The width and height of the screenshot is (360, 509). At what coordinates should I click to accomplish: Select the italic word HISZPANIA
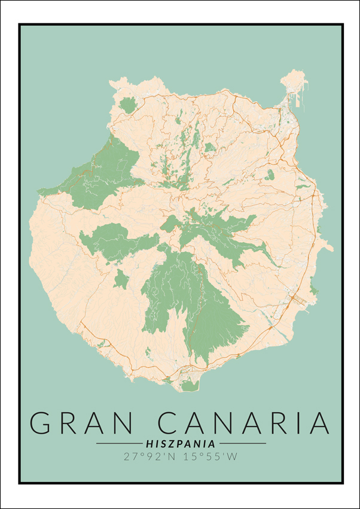[x=181, y=444]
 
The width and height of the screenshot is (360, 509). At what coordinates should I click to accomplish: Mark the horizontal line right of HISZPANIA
[x=242, y=444]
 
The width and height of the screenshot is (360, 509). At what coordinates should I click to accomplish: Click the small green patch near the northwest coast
[x=127, y=105]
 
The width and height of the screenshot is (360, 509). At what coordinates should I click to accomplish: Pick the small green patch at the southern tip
[x=190, y=386]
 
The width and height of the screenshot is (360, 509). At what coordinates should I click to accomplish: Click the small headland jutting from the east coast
[x=327, y=246]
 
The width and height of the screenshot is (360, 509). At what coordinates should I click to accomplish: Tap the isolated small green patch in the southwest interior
[x=121, y=279]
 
